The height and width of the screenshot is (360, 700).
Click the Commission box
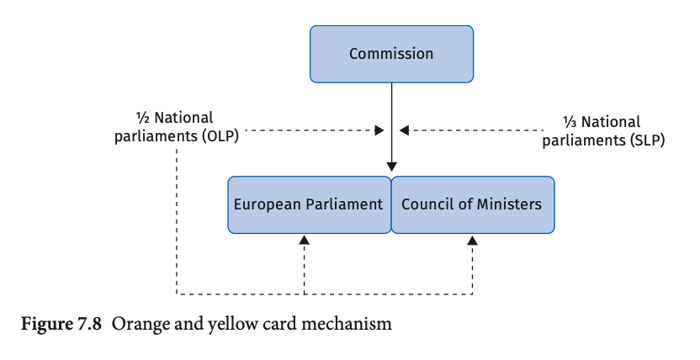tap(391, 54)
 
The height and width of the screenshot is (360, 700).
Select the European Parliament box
tap(310, 204)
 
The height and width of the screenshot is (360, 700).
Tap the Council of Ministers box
tap(473, 204)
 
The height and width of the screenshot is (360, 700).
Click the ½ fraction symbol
tap(142, 119)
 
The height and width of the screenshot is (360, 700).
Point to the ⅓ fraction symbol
tap(570, 122)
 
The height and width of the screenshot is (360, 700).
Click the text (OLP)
tap(220, 135)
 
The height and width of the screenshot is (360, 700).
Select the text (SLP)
tap(647, 140)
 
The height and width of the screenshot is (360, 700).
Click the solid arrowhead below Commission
tap(391, 167)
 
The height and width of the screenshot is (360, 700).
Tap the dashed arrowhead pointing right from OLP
tap(379, 130)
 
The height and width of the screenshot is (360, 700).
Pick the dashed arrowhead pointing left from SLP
tap(404, 130)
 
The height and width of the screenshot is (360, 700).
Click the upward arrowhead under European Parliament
tap(305, 240)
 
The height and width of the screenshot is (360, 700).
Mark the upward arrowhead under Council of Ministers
tap(472, 240)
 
